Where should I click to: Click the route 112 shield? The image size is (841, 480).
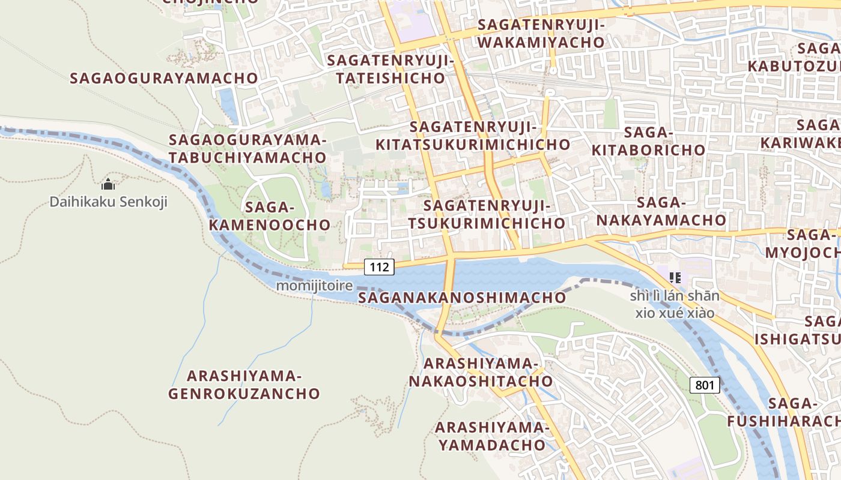point(379,266)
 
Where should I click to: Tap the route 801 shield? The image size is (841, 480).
point(704,385)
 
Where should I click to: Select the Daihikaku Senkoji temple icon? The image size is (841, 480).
point(108,184)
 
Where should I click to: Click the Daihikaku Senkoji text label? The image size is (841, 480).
point(108,202)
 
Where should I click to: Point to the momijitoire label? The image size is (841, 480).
point(314,286)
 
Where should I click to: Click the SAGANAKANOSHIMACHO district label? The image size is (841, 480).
point(462,298)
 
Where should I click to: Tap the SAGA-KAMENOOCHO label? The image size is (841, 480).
point(288,216)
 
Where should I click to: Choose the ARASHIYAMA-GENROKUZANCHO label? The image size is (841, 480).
point(244,385)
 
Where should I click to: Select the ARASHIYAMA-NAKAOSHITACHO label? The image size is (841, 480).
point(481,372)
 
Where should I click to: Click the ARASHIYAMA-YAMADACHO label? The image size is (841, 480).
point(491,436)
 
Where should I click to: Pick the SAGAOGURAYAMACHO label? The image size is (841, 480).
point(164,78)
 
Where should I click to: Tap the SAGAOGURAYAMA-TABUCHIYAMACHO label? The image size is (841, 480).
point(247,149)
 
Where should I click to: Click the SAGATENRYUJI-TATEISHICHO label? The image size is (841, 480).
point(391,69)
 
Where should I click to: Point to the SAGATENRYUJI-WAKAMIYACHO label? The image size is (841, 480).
point(541,34)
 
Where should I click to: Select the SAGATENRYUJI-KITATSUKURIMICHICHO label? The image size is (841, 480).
point(473,136)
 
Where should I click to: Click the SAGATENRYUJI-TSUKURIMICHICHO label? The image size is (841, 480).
point(487,214)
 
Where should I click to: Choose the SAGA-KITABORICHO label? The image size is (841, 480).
point(648,141)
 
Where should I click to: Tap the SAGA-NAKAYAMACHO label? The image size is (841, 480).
point(661,211)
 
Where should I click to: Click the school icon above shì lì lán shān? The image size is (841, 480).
point(675,277)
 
